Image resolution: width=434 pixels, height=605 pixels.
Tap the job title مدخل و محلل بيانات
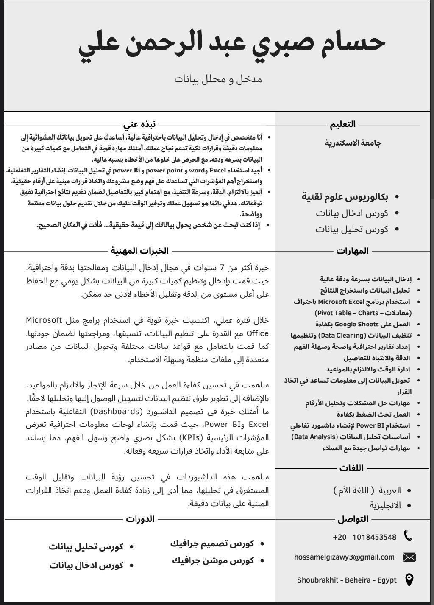[218, 79]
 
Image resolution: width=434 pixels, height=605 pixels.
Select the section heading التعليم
[343, 124]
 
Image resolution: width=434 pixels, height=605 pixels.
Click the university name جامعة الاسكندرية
[353, 143]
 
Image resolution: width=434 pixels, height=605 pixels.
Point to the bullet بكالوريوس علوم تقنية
[345, 197]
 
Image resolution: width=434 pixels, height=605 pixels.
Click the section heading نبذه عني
[139, 124]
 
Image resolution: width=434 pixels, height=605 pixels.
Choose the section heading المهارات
[353, 251]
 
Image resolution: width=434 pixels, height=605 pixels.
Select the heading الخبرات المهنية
[139, 251]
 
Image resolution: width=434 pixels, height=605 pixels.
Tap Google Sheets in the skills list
[356, 324]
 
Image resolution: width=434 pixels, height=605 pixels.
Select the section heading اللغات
[351, 468]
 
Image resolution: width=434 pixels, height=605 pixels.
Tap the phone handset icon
[408, 536]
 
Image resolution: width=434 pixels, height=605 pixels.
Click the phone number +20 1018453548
[364, 537]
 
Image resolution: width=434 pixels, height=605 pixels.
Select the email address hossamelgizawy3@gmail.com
[344, 557]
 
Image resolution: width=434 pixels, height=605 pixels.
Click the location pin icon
[409, 580]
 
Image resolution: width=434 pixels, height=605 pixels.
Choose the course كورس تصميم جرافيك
[212, 543]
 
